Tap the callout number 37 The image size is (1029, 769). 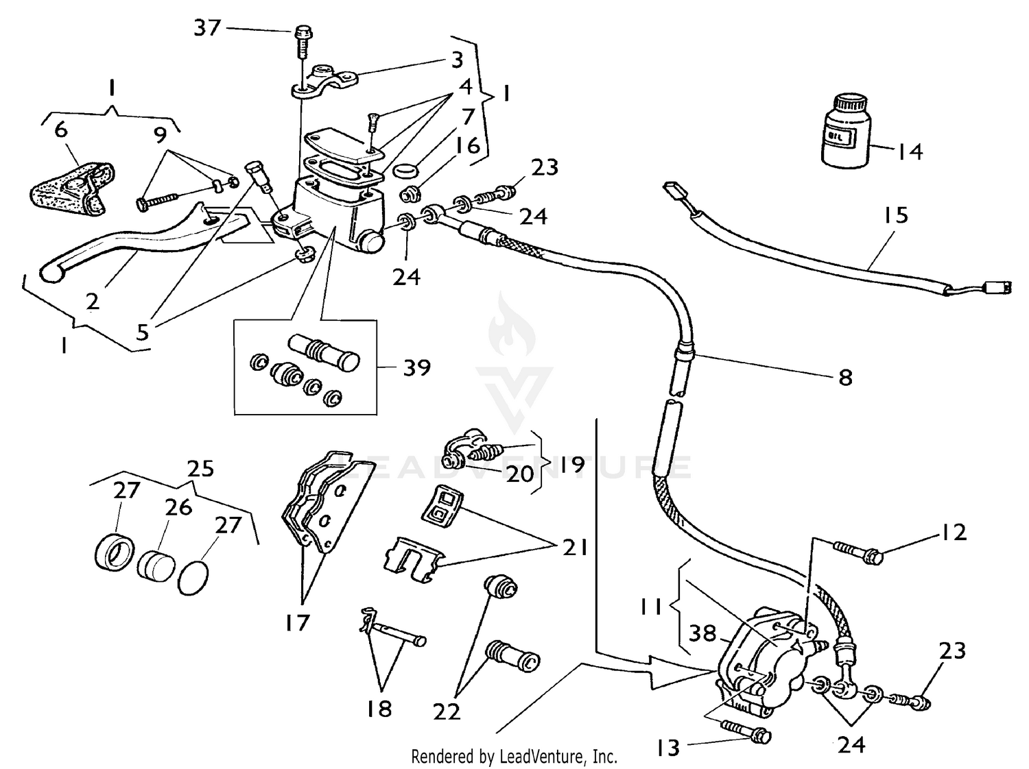point(206,28)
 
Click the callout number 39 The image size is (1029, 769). point(416,367)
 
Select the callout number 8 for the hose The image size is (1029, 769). point(845,377)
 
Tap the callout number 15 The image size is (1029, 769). point(895,215)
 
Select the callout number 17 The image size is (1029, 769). point(297,622)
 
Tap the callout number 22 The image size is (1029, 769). point(447,711)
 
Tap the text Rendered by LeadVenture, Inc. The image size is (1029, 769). point(514,757)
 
